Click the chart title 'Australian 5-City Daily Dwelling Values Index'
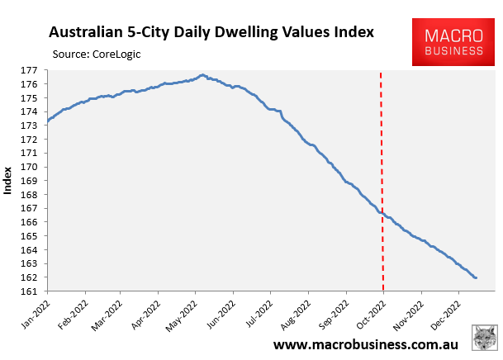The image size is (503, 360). click(x=211, y=33)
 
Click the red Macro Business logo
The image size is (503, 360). click(x=453, y=43)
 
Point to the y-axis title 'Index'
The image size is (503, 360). click(x=8, y=181)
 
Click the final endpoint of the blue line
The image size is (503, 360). click(x=476, y=277)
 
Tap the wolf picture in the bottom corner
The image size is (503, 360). click(x=483, y=339)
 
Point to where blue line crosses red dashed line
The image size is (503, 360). click(x=381, y=213)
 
